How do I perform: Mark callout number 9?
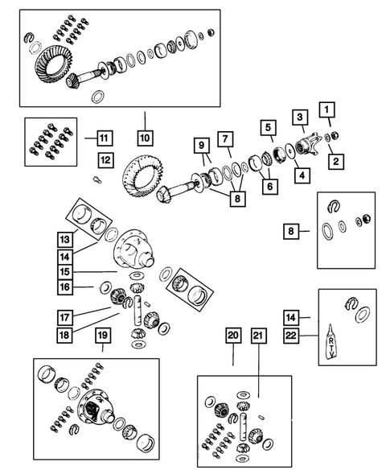pos(200,147)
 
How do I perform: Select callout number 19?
pos(102,334)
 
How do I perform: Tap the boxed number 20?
pos(233,336)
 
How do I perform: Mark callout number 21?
pos(258,336)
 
